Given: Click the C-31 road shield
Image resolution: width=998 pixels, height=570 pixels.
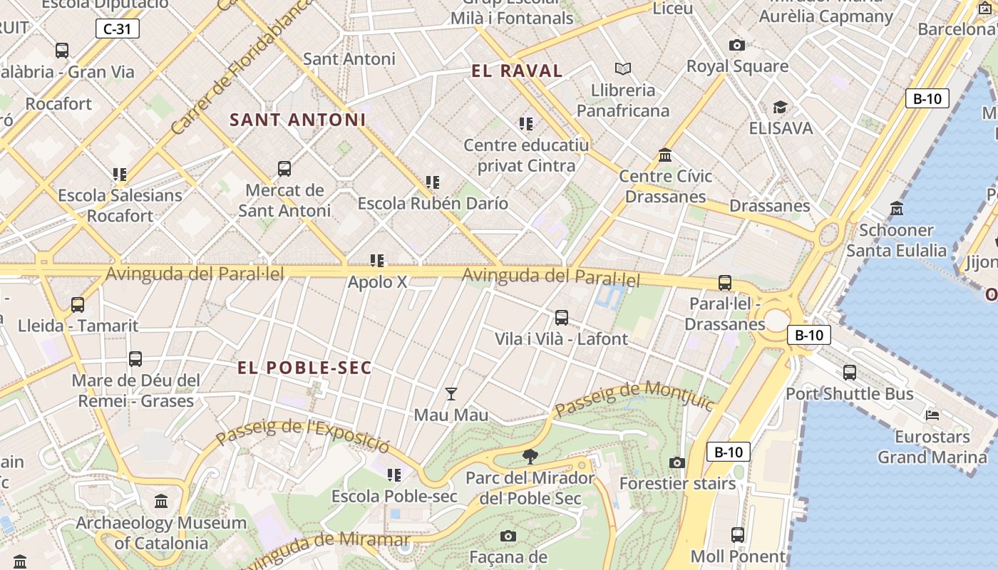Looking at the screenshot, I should click(117, 29).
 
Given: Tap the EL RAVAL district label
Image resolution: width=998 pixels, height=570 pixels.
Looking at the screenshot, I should click(517, 71).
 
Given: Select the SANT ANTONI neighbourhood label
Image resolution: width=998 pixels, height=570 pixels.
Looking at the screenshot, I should click(297, 120).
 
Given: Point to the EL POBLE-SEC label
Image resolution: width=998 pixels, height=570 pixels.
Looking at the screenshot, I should click(304, 368).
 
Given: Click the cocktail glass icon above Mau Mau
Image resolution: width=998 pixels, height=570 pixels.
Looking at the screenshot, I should click(451, 394).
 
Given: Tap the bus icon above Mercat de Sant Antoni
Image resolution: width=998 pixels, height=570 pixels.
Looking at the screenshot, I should click(284, 169).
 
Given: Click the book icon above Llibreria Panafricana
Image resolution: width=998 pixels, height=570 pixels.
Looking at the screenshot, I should click(623, 69).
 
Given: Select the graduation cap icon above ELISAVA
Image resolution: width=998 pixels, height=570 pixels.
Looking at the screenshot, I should click(780, 108).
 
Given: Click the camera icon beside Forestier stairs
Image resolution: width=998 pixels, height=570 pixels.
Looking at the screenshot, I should click(677, 463).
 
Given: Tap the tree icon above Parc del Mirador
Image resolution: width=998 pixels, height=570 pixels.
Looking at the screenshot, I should click(530, 456).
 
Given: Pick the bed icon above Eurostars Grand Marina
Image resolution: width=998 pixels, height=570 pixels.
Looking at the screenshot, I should click(932, 415).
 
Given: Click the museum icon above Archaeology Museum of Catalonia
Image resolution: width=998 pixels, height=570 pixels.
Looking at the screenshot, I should click(161, 502).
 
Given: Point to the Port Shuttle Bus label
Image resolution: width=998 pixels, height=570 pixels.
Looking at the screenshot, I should click(849, 394).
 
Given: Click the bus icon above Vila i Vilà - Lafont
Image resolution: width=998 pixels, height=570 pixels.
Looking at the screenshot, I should click(562, 318).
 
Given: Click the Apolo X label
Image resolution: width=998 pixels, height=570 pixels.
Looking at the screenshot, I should click(377, 282).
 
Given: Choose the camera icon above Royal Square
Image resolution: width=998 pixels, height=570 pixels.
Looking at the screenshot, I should click(737, 46).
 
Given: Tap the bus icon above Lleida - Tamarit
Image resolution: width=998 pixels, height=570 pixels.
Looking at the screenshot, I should click(78, 305).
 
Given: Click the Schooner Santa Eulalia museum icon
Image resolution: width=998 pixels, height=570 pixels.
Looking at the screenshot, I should click(897, 209).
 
